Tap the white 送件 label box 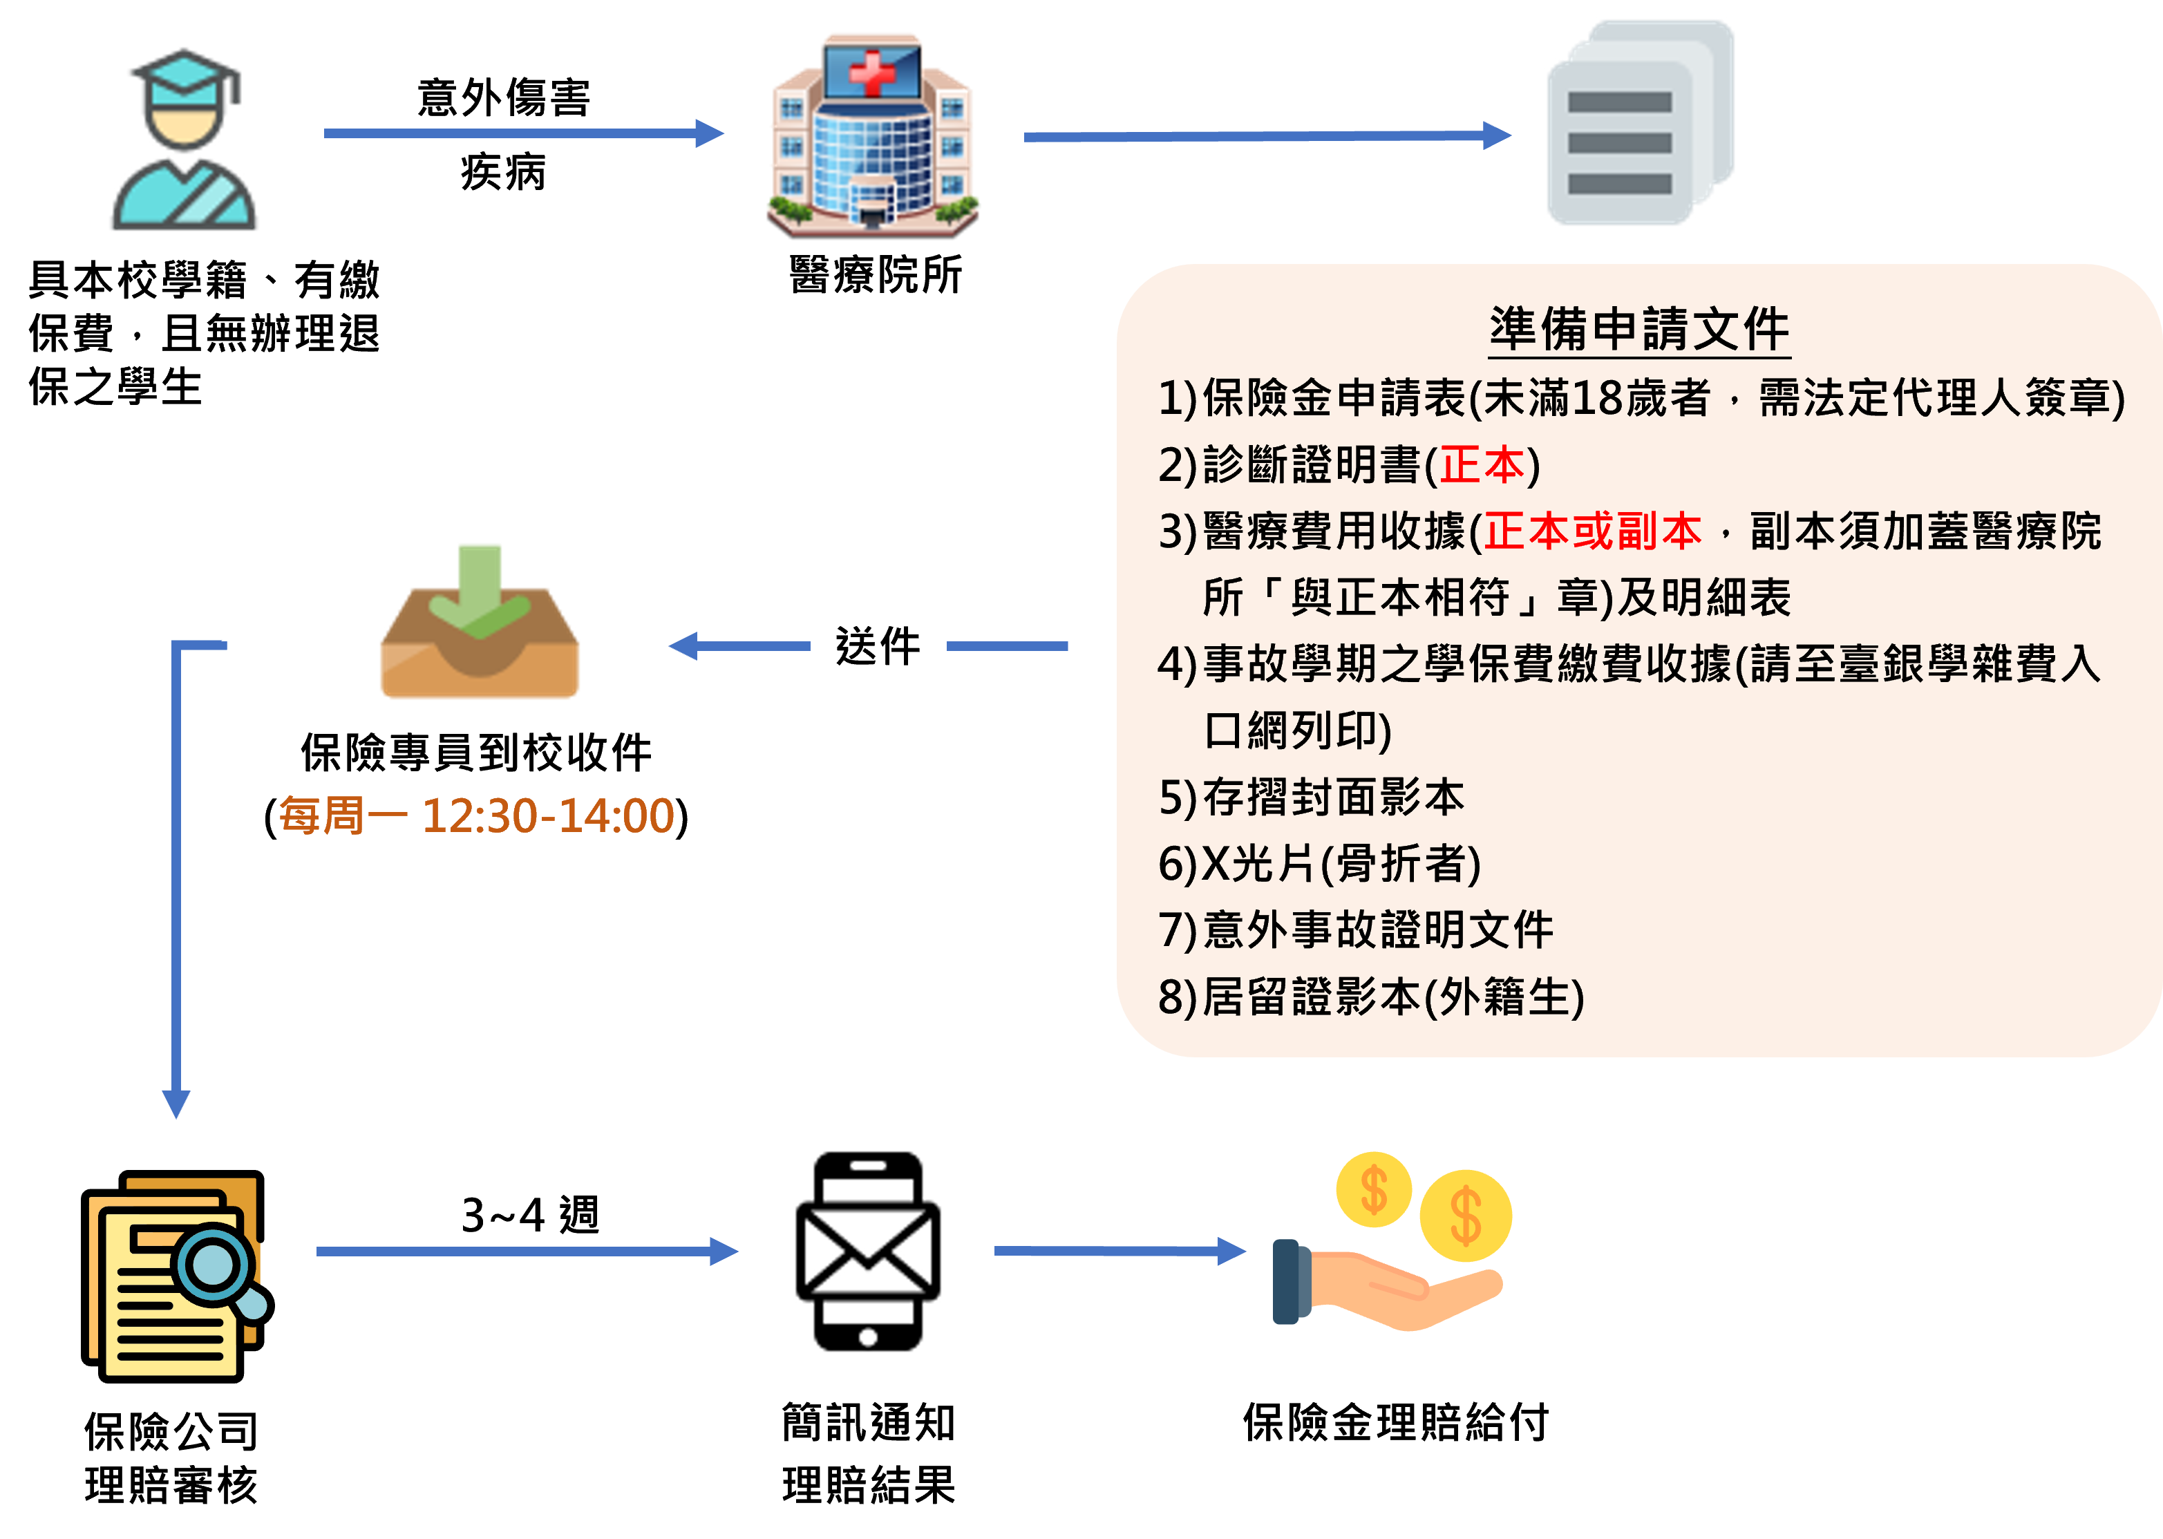point(878,646)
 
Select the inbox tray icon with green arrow point(480,625)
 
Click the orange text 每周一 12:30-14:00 point(477,815)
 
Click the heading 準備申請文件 point(1639,329)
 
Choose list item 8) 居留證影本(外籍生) point(1371,997)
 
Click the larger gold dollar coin point(1465,1216)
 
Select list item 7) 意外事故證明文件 point(1355,929)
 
